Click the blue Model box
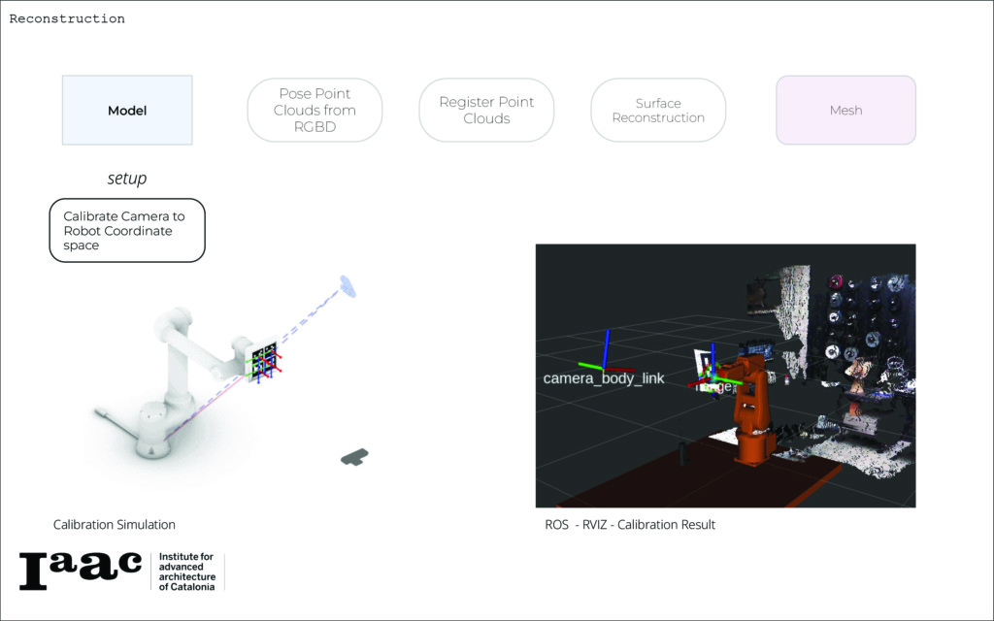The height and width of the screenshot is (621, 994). point(127,111)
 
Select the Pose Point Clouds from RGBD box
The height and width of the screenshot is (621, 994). point(315,111)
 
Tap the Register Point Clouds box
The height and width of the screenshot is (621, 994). point(486,111)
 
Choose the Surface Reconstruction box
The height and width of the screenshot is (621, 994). point(658,111)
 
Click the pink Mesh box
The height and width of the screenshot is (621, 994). point(845,111)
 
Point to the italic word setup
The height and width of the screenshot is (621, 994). point(127,180)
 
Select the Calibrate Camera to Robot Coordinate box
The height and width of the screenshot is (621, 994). point(127,231)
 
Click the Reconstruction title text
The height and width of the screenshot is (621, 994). point(67,18)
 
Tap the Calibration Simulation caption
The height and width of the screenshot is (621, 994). point(115,525)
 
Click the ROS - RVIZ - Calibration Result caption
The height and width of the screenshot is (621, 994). point(630,525)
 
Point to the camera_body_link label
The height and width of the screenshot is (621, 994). point(604,378)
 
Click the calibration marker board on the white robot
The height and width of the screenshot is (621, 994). point(263,360)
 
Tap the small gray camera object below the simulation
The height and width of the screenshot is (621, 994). point(355,456)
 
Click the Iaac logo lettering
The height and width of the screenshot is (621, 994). point(81,571)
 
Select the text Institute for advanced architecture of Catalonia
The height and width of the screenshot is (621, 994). point(186,572)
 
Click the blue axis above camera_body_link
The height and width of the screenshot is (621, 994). point(606,348)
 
